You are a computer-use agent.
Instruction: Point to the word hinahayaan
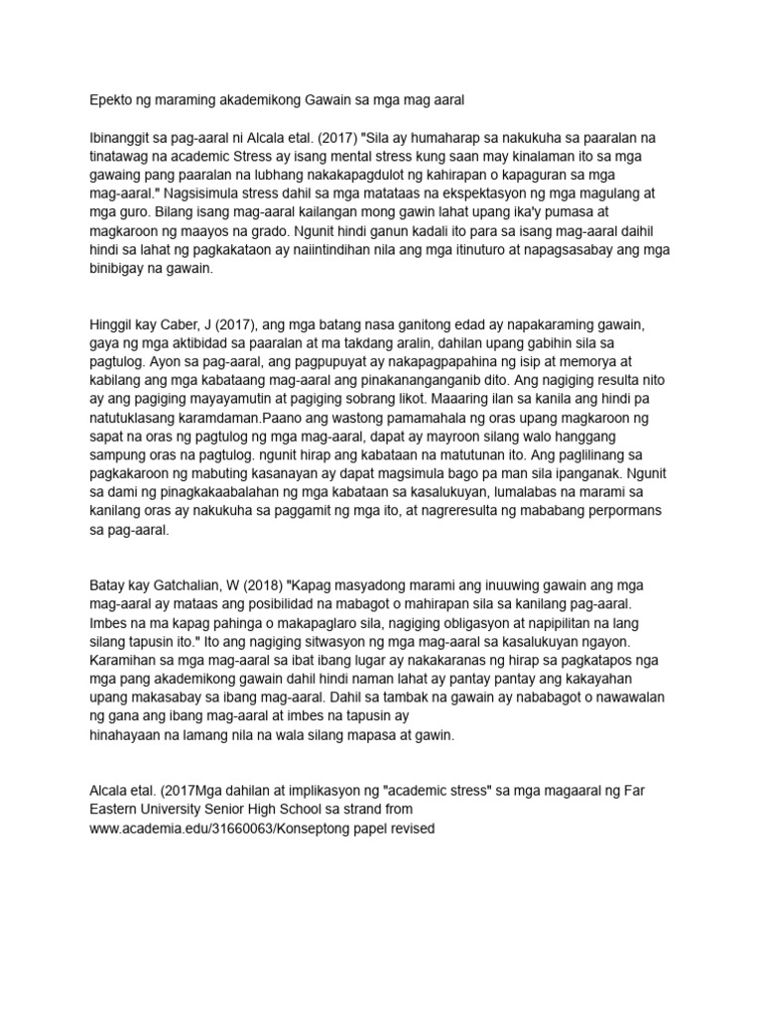click(134, 735)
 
